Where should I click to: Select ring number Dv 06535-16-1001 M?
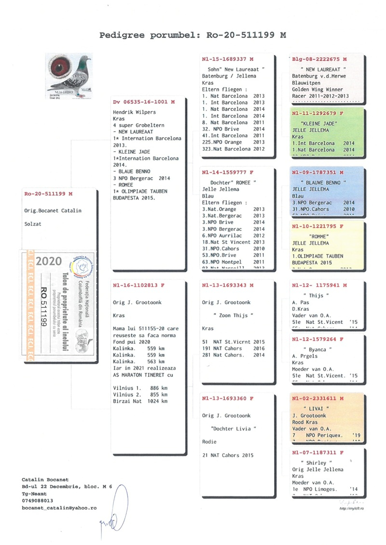(x=143, y=103)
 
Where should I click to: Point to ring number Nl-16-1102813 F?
(x=138, y=285)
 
